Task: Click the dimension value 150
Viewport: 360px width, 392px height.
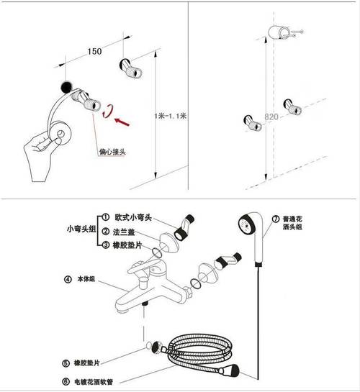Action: coord(94,51)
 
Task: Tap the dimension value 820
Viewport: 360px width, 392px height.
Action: coord(271,117)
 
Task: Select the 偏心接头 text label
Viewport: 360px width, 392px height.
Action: coord(113,152)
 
